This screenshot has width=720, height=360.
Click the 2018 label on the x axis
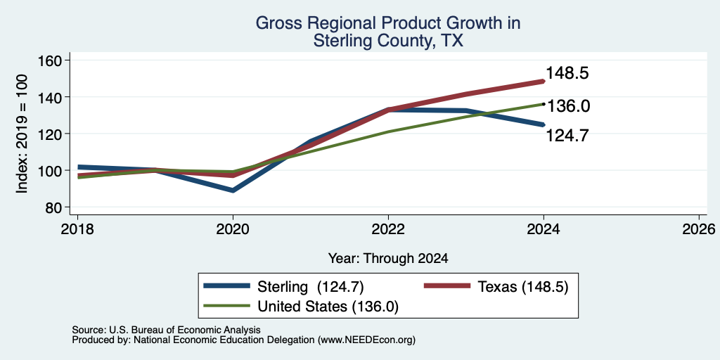coord(77,229)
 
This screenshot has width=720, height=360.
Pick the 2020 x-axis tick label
coord(233,229)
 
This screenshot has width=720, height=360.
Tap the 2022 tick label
coord(388,229)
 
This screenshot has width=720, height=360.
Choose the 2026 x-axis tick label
coord(699,229)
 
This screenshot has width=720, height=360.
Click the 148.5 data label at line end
coord(567,73)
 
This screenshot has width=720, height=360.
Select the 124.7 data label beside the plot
coord(567,136)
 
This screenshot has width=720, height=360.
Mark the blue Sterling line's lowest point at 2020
coord(233,190)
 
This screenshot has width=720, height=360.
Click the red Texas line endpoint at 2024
coord(544,82)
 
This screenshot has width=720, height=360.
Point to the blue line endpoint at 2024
coord(544,124)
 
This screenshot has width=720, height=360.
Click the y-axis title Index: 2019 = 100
coord(22,134)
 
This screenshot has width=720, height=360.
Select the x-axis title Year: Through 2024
coord(388,259)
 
